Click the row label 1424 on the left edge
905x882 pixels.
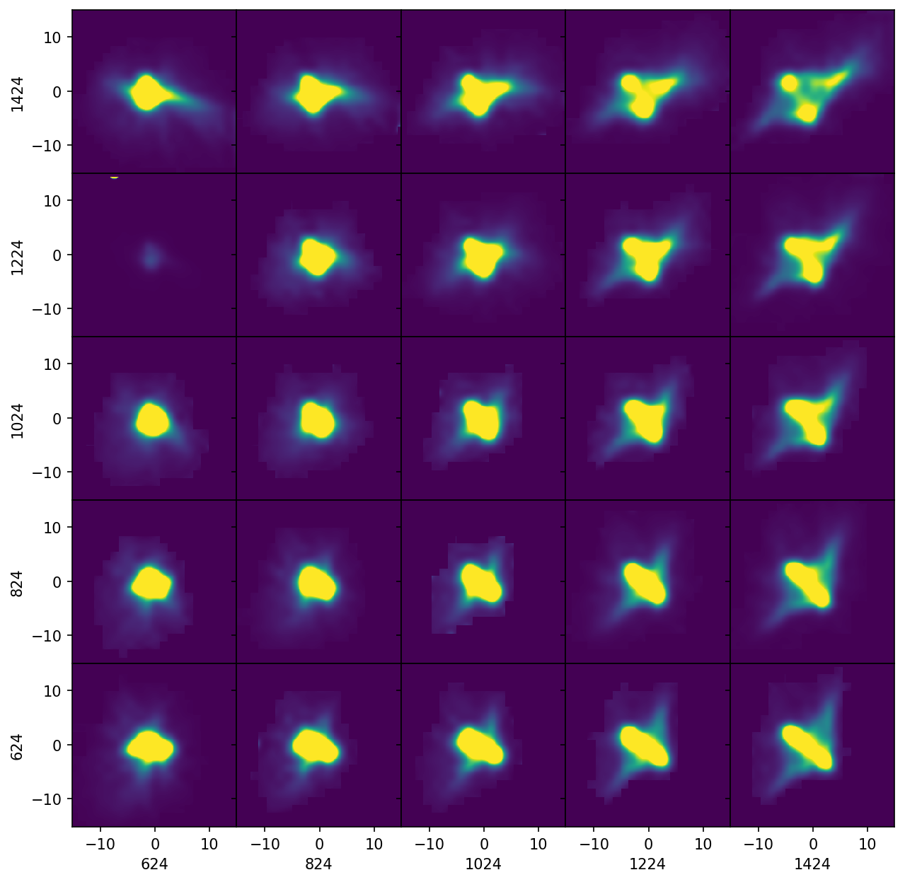tap(18, 91)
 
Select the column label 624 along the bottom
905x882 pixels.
tap(154, 864)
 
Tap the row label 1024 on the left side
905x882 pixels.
tap(18, 419)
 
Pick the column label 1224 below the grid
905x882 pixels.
tap(647, 864)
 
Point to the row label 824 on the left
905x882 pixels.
tap(18, 582)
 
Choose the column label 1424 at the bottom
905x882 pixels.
tap(812, 864)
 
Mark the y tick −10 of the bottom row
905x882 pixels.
tap(51, 799)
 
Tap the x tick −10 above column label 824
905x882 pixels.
tap(265, 844)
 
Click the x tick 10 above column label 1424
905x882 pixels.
tap(867, 844)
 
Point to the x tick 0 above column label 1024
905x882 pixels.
tap(483, 844)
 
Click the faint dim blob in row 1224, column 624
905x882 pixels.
tap(150, 255)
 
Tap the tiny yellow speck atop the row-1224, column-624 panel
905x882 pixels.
tap(114, 176)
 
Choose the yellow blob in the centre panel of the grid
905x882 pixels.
tap(482, 419)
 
